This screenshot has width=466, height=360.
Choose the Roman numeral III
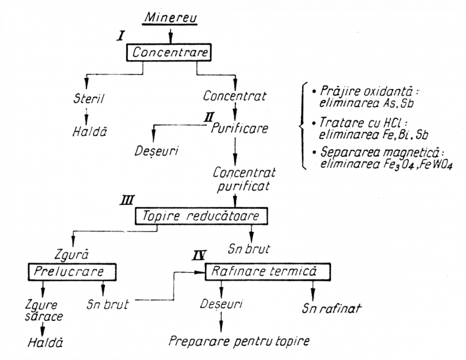pyautogui.click(x=125, y=201)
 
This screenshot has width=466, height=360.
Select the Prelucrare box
pyautogui.click(x=74, y=272)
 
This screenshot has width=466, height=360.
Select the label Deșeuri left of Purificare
pyautogui.click(x=157, y=153)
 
